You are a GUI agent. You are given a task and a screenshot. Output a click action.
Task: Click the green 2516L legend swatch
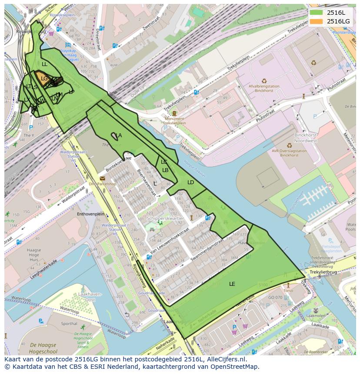click(316, 13)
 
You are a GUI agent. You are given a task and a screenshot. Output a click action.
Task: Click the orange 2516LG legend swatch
click(316, 21)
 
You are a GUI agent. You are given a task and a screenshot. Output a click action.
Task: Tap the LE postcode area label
click(232, 284)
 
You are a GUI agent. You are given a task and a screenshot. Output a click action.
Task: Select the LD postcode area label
click(190, 182)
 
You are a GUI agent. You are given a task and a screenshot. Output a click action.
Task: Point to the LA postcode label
click(119, 136)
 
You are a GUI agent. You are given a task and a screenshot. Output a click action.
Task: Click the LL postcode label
click(44, 64)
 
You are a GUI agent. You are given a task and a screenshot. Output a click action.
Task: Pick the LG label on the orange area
click(44, 79)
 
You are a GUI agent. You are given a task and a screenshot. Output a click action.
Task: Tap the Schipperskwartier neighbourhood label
click(166, 218)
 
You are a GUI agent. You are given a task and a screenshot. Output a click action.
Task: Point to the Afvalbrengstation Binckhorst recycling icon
click(264, 80)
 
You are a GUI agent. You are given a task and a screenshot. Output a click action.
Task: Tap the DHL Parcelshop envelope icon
click(102, 178)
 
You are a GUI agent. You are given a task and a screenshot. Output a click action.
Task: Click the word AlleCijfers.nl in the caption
click(226, 360)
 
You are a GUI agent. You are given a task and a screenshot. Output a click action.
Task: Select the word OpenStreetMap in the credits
click(237, 367)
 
